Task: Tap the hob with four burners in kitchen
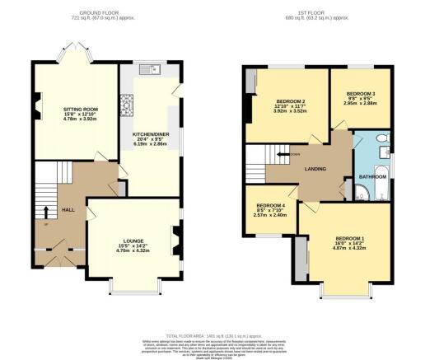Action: click(129, 103)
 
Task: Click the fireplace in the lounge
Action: click(174, 241)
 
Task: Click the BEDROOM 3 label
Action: click(362, 94)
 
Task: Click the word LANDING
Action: click(315, 169)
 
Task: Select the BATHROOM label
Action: click(373, 176)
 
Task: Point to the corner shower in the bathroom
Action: click(363, 195)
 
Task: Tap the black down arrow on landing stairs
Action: click(283, 153)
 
